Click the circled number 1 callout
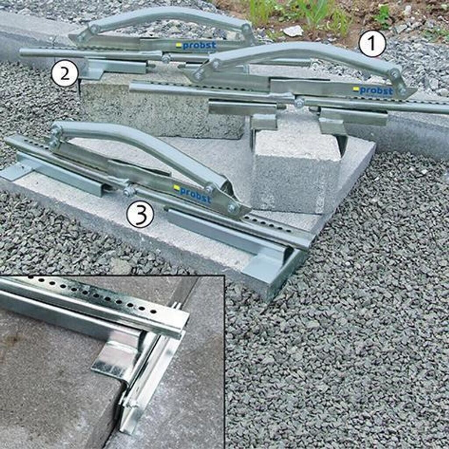pos(372,44)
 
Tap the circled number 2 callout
pos(65,74)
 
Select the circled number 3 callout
pos(140,214)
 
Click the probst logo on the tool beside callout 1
pos(374,90)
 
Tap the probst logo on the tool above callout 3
pos(192,193)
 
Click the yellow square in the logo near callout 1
pos(356,89)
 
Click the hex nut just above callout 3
pos(128,191)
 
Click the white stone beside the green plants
pos(292,31)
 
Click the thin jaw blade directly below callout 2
pos(79,87)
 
